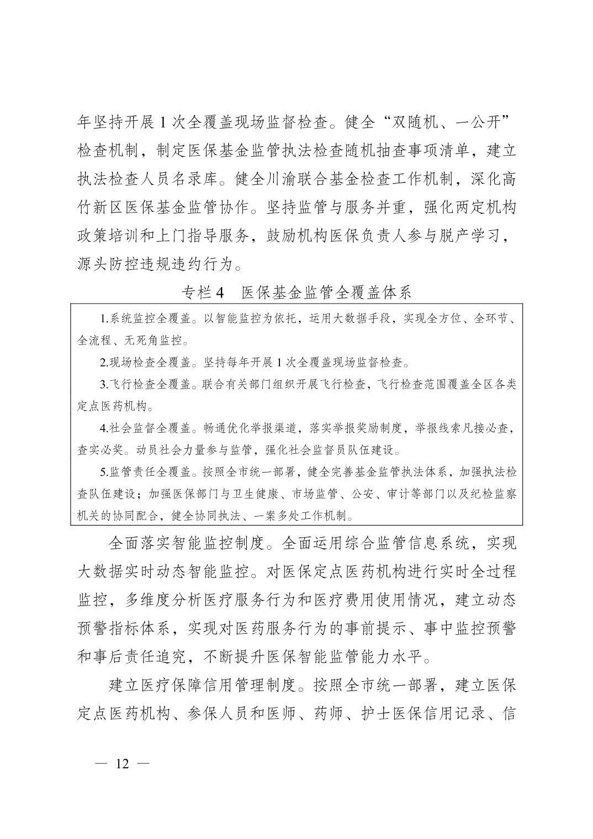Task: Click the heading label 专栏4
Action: coord(203,293)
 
